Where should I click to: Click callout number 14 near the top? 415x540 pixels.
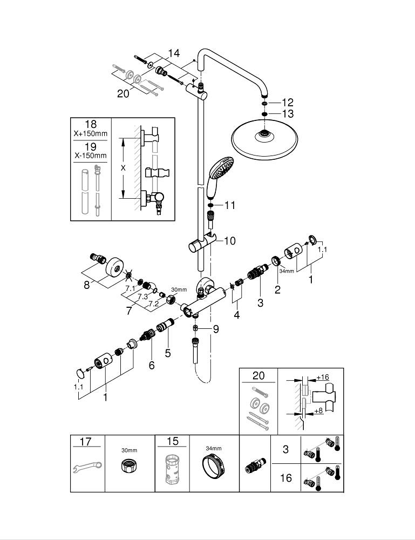(x=173, y=53)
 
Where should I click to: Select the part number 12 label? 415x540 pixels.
(x=287, y=102)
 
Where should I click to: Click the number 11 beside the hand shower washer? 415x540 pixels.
(x=230, y=205)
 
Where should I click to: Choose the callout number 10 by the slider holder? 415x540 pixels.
(x=230, y=241)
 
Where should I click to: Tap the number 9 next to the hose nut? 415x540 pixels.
(x=215, y=328)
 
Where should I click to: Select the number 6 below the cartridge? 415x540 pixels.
(x=152, y=366)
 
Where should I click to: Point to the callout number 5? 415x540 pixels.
(x=168, y=354)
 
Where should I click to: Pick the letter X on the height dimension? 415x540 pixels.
(x=123, y=168)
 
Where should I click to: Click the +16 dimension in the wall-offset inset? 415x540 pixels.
(x=323, y=377)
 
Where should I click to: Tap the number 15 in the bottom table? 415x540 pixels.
(x=172, y=442)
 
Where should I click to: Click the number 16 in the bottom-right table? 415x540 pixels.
(x=286, y=478)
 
